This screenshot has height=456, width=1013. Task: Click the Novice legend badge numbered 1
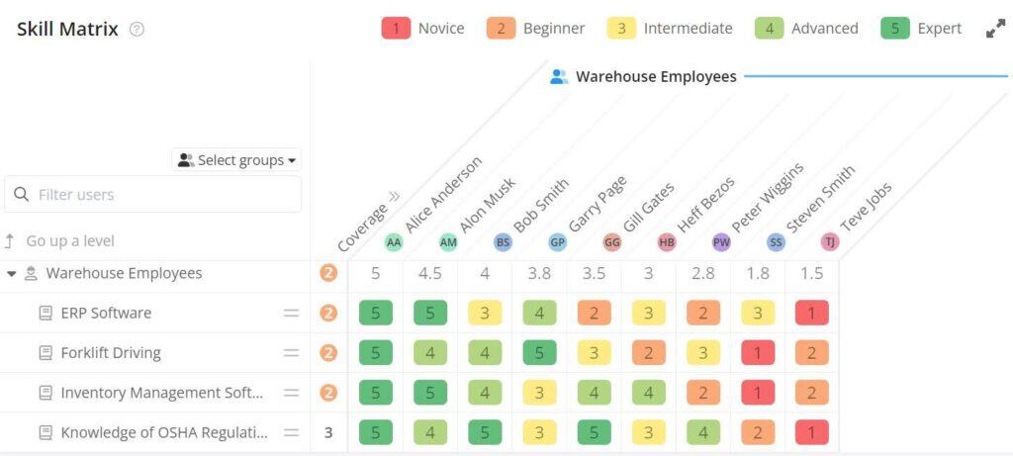coord(396,28)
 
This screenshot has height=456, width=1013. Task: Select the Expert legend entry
coord(921,28)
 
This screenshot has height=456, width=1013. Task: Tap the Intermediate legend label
coord(688,28)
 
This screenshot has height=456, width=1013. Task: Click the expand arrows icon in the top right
coord(995,29)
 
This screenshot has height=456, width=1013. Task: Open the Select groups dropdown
coord(237,160)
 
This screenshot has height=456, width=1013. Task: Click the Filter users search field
coord(153,195)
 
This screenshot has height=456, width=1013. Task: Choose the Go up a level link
coord(70,241)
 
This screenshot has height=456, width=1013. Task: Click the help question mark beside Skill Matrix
coord(137,30)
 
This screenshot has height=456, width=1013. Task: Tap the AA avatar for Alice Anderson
coord(394,242)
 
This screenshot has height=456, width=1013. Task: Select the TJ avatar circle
coord(830,242)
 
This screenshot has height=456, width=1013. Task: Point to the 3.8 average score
coord(539,274)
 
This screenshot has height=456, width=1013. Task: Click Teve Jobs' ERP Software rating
coord(811,314)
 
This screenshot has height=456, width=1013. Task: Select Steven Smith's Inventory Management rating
coord(757,393)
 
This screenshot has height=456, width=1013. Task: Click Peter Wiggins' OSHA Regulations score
coord(702,432)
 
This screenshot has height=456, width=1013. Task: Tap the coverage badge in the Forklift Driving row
coord(328,353)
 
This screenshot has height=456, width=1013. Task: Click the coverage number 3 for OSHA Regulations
coord(328,432)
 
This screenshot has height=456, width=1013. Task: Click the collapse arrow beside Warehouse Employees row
coord(12,274)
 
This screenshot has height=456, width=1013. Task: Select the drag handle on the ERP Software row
coord(291,314)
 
